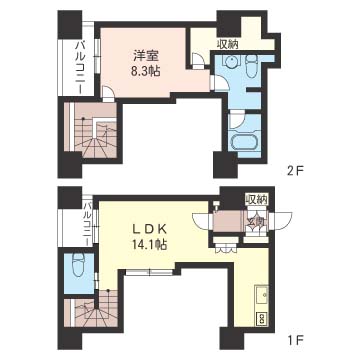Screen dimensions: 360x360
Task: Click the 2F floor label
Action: coord(296,172)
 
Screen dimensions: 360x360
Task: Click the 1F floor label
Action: coord(296,340)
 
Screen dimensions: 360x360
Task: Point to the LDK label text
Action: coord(147,230)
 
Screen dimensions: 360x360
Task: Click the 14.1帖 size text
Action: coord(148,246)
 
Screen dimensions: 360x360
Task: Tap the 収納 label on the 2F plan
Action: coord(228,44)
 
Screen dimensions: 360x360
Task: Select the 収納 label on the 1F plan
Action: coord(257,199)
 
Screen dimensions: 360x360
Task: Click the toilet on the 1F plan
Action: coord(79,265)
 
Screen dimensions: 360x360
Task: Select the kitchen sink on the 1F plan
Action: coord(262,295)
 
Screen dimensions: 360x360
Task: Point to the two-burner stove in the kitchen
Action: coord(262,317)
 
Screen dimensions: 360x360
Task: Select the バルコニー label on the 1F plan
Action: coord(87,223)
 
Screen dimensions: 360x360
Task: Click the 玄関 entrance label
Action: coord(257,222)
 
